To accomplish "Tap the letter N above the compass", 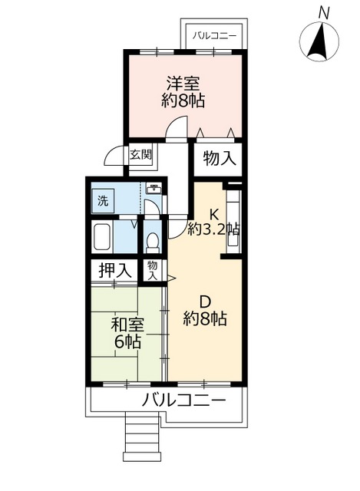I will [x=324, y=12].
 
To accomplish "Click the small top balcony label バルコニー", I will [x=214, y=34].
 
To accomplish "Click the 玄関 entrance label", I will [x=140, y=154].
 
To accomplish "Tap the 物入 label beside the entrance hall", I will [x=219, y=159].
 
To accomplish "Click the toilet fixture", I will [x=152, y=241].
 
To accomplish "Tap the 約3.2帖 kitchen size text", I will [x=213, y=229].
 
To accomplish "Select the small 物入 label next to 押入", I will [x=152, y=270].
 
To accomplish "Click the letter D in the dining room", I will [x=204, y=301].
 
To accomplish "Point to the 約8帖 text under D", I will [x=204, y=318].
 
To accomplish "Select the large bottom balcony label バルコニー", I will [x=183, y=400].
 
